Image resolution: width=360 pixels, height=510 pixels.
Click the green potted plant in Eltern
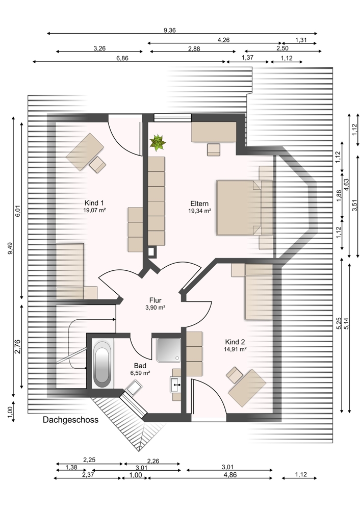(x=158, y=142)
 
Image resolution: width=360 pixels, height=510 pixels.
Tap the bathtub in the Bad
(x=101, y=363)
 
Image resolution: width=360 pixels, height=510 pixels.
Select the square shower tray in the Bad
(x=168, y=350)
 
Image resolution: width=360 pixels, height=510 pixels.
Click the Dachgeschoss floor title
(x=70, y=420)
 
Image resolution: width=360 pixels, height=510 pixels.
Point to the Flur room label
(x=155, y=300)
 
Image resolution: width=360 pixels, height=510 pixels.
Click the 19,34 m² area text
(x=199, y=211)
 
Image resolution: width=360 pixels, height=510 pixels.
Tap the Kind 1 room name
(x=94, y=203)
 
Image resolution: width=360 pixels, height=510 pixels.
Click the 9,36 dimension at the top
(x=170, y=30)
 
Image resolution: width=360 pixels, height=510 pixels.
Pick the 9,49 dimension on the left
(x=10, y=248)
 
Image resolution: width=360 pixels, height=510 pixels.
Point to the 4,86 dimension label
(x=230, y=475)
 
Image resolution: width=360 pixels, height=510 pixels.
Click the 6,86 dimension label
(x=122, y=58)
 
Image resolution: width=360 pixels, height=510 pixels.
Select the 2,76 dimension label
(x=17, y=346)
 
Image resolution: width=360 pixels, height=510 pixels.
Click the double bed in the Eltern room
(x=239, y=208)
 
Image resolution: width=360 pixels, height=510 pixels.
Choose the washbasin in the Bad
(x=175, y=385)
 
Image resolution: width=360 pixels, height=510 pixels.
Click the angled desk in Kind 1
(x=85, y=151)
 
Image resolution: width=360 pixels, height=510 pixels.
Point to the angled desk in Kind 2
(x=247, y=388)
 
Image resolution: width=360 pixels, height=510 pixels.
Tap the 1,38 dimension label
(x=71, y=467)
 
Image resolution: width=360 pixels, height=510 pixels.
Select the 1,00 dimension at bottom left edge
(x=10, y=413)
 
